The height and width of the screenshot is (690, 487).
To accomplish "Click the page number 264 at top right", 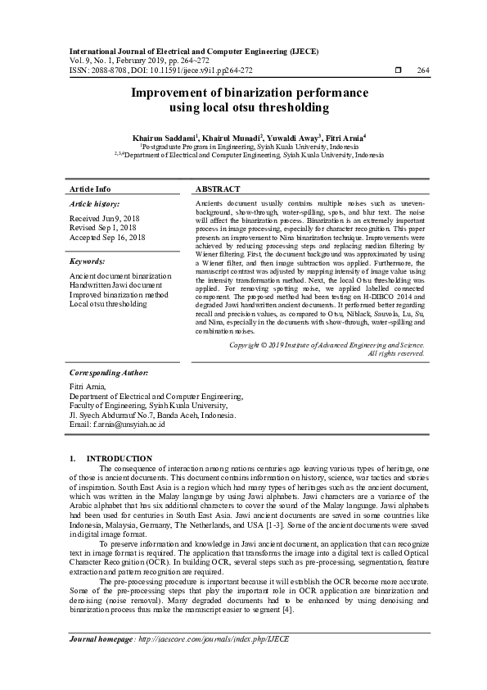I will tap(422, 70).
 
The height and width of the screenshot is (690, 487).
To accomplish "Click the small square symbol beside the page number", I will tap(398, 70).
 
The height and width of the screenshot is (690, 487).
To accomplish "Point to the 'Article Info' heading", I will tap(90, 188).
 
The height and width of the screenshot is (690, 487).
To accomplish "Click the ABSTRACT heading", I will tap(218, 188).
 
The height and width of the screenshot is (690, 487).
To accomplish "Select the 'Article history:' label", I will tap(94, 203).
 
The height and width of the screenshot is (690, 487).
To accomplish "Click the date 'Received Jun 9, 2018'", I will tap(106, 220).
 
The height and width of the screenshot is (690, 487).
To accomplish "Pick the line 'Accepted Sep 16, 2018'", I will tap(107, 237).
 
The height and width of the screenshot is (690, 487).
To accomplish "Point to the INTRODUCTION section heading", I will tap(119, 458).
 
